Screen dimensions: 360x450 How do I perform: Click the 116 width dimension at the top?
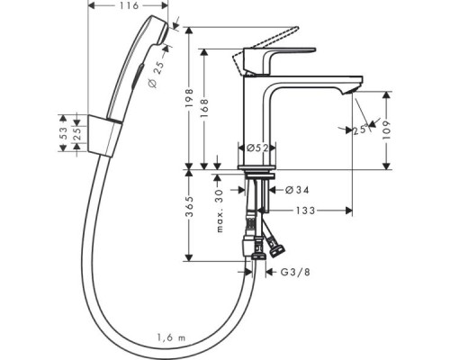click(x=130, y=7)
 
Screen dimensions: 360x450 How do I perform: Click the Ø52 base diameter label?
click(x=253, y=148)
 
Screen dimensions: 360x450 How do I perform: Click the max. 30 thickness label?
click(x=220, y=209)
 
